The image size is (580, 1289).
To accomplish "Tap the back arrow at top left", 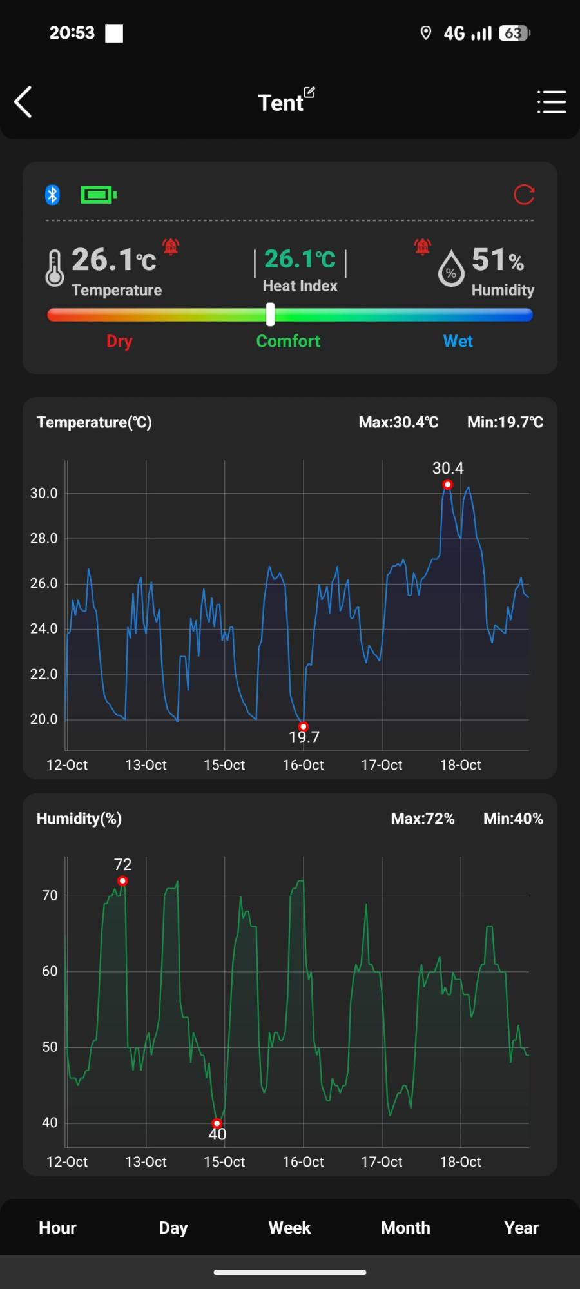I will pyautogui.click(x=23, y=102).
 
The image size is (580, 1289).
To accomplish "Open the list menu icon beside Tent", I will pyautogui.click(x=552, y=102).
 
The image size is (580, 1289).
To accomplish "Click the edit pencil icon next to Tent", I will pyautogui.click(x=309, y=92).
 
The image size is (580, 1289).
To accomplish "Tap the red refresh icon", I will pyautogui.click(x=524, y=195).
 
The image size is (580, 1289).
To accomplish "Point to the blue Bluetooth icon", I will pyautogui.click(x=53, y=195).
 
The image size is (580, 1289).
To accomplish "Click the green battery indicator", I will pyautogui.click(x=98, y=195).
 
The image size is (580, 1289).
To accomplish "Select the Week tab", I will pyautogui.click(x=289, y=1228).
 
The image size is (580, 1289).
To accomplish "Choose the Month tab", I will pyautogui.click(x=405, y=1228).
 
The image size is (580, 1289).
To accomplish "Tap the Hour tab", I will pyautogui.click(x=57, y=1228).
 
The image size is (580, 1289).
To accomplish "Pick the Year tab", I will pyautogui.click(x=521, y=1228).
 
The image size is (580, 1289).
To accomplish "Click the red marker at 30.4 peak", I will pyautogui.click(x=447, y=485).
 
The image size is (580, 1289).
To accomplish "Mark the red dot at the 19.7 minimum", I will pyautogui.click(x=304, y=726).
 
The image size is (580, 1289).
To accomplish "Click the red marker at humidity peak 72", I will pyautogui.click(x=122, y=881).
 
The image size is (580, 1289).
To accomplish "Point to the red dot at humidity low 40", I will pyautogui.click(x=217, y=1123).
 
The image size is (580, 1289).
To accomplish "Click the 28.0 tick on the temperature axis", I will pyautogui.click(x=44, y=538).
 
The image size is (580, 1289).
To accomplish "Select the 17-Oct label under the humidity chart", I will pyautogui.click(x=382, y=1161).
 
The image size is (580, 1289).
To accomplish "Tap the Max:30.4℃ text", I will pyautogui.click(x=398, y=422).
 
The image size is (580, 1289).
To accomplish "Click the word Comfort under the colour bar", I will pyautogui.click(x=288, y=341).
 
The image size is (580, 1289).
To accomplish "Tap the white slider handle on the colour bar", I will pyautogui.click(x=271, y=315).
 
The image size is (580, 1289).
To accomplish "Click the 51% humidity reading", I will pyautogui.click(x=497, y=260).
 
